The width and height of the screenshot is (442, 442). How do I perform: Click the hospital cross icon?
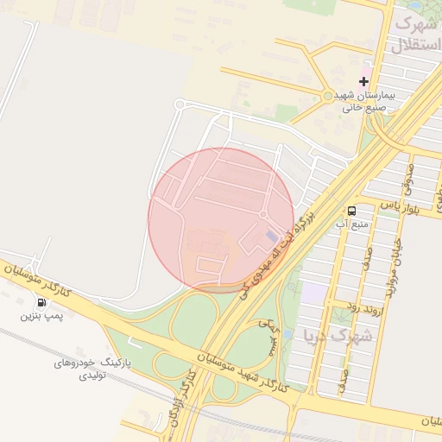[x=363, y=80]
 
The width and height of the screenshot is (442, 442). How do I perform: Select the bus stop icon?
[x=352, y=211]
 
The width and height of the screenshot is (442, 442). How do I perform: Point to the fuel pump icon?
[x=41, y=303]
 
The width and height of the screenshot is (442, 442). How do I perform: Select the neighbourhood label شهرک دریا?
[x=338, y=334]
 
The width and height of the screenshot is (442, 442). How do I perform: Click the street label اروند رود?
[x=340, y=306]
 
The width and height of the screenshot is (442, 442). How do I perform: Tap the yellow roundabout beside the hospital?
[x=328, y=96]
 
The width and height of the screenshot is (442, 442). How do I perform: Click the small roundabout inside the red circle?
[x=262, y=214]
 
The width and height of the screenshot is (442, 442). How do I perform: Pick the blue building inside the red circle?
[x=272, y=235]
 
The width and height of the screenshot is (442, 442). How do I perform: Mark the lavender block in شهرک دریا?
[x=314, y=293]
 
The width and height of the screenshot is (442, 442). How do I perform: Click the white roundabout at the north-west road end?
[x=180, y=104]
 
